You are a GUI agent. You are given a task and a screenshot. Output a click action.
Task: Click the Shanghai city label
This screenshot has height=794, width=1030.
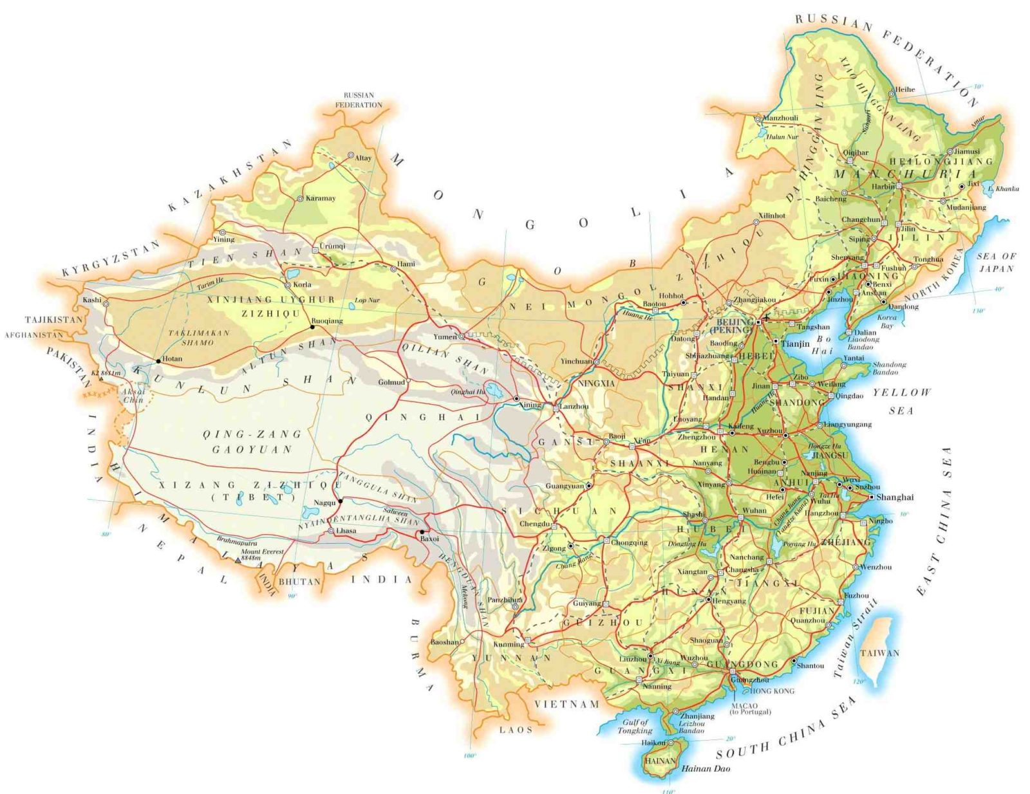[x=895, y=497]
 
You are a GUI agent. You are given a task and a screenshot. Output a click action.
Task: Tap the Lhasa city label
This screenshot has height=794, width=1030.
[x=346, y=531]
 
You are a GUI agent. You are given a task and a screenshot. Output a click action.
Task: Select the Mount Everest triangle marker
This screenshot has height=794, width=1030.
[x=237, y=560]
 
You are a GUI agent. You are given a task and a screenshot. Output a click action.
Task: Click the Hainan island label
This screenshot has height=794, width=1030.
[x=660, y=761]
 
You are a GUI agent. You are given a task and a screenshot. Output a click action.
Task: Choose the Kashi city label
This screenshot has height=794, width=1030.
[x=92, y=300]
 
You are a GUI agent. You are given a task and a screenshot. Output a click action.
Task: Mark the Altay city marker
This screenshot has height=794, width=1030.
[x=351, y=155]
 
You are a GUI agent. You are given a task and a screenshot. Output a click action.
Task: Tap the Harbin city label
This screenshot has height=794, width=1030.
[x=883, y=187]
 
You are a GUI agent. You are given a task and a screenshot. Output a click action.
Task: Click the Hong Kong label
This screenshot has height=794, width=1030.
[x=772, y=691]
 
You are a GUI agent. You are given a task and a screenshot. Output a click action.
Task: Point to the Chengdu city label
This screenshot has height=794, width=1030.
[x=534, y=524]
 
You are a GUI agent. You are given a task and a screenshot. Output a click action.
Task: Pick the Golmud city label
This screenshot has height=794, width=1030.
[x=391, y=382]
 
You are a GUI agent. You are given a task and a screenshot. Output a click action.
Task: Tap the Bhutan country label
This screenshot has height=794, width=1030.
[x=299, y=582]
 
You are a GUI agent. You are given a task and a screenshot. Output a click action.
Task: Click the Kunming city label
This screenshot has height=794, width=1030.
[x=509, y=644]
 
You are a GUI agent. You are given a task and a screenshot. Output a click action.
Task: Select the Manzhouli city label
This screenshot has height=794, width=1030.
[x=780, y=118]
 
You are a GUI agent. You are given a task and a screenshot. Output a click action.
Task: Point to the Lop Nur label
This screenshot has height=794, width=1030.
[x=367, y=300]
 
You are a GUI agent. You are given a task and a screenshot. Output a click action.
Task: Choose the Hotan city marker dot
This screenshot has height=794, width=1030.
[x=158, y=361]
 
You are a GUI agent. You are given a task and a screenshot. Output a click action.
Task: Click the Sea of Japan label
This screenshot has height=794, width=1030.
[x=996, y=262]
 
